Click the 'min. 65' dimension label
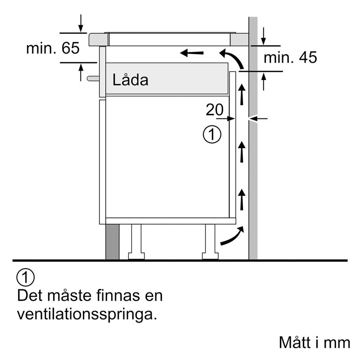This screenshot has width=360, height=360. pos(53,49)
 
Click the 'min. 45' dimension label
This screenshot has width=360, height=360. pos(290,58)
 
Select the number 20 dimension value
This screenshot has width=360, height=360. pos(215,109)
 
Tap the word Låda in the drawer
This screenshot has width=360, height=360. pos(130,81)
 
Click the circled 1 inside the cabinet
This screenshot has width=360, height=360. pos(212,135)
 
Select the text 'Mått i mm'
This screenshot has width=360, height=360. pos(314,342)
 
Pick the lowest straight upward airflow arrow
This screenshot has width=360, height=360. pos(242,200)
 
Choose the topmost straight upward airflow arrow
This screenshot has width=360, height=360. pos(242,94)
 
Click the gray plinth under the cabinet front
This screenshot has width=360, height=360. pos(112,242)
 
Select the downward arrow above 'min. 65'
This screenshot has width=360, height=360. pos(81,23)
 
